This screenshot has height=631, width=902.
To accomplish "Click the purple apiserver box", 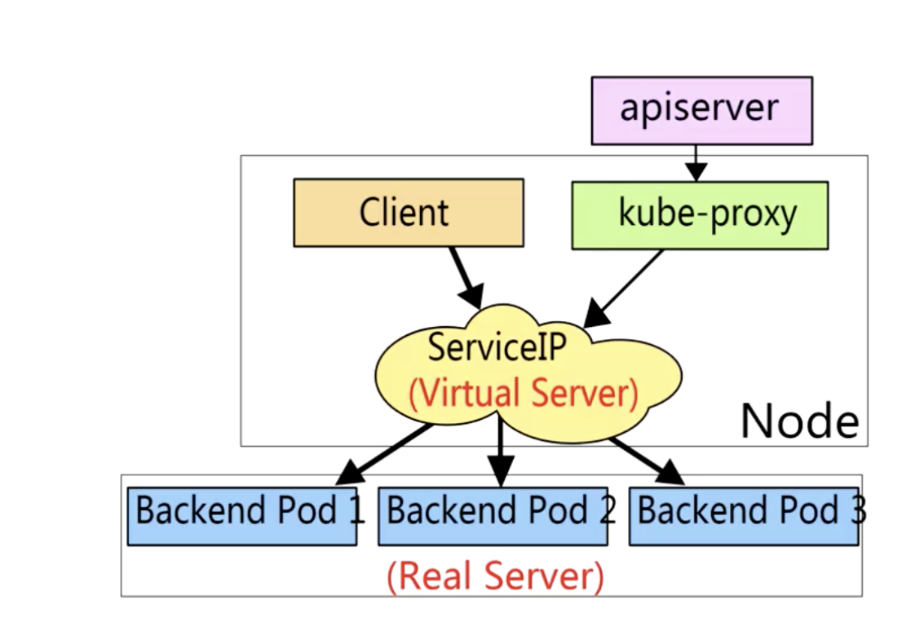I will pyautogui.click(x=701, y=110).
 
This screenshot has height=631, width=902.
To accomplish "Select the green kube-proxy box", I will pyautogui.click(x=700, y=214).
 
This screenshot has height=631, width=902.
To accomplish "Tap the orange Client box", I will pyautogui.click(x=408, y=213).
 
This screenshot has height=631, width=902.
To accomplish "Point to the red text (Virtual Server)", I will pyautogui.click(x=523, y=394).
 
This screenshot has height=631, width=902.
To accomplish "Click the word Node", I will pyautogui.click(x=798, y=421).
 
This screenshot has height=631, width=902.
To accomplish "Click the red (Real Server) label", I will pyautogui.click(x=495, y=576).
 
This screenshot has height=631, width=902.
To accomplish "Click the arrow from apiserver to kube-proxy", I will pyautogui.click(x=695, y=162).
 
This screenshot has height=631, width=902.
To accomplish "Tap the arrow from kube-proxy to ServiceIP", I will pyautogui.click(x=624, y=286).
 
